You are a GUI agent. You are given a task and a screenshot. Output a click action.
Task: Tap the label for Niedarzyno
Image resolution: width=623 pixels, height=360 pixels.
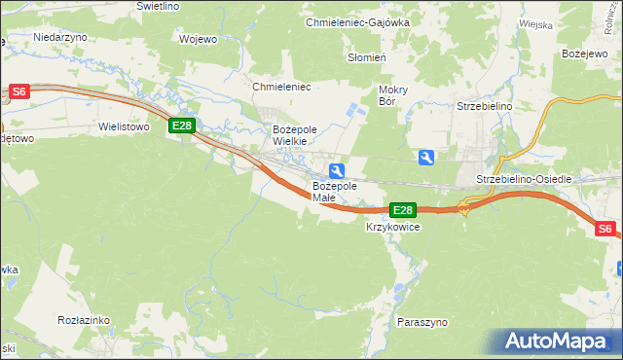pyautogui.click(x=60, y=36)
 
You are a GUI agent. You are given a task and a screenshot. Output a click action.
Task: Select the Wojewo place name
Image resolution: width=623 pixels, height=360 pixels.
pyautogui.click(x=198, y=40)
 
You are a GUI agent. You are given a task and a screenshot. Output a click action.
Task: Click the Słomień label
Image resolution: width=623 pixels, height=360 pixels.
pyautogui.click(x=368, y=57)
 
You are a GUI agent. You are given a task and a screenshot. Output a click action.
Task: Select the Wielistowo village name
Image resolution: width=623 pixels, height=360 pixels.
pyautogui.click(x=123, y=126)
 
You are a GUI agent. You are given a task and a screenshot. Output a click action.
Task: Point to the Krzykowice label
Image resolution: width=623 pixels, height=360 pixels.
pyautogui.click(x=392, y=227)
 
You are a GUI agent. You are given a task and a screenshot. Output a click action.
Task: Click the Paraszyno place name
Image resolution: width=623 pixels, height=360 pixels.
pyautogui.click(x=421, y=320)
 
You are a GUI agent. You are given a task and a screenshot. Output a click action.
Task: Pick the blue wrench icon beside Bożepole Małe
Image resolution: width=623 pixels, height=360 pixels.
pyautogui.click(x=336, y=171)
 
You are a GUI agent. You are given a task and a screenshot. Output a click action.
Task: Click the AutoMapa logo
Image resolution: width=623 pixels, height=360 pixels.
pyautogui.click(x=561, y=342)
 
